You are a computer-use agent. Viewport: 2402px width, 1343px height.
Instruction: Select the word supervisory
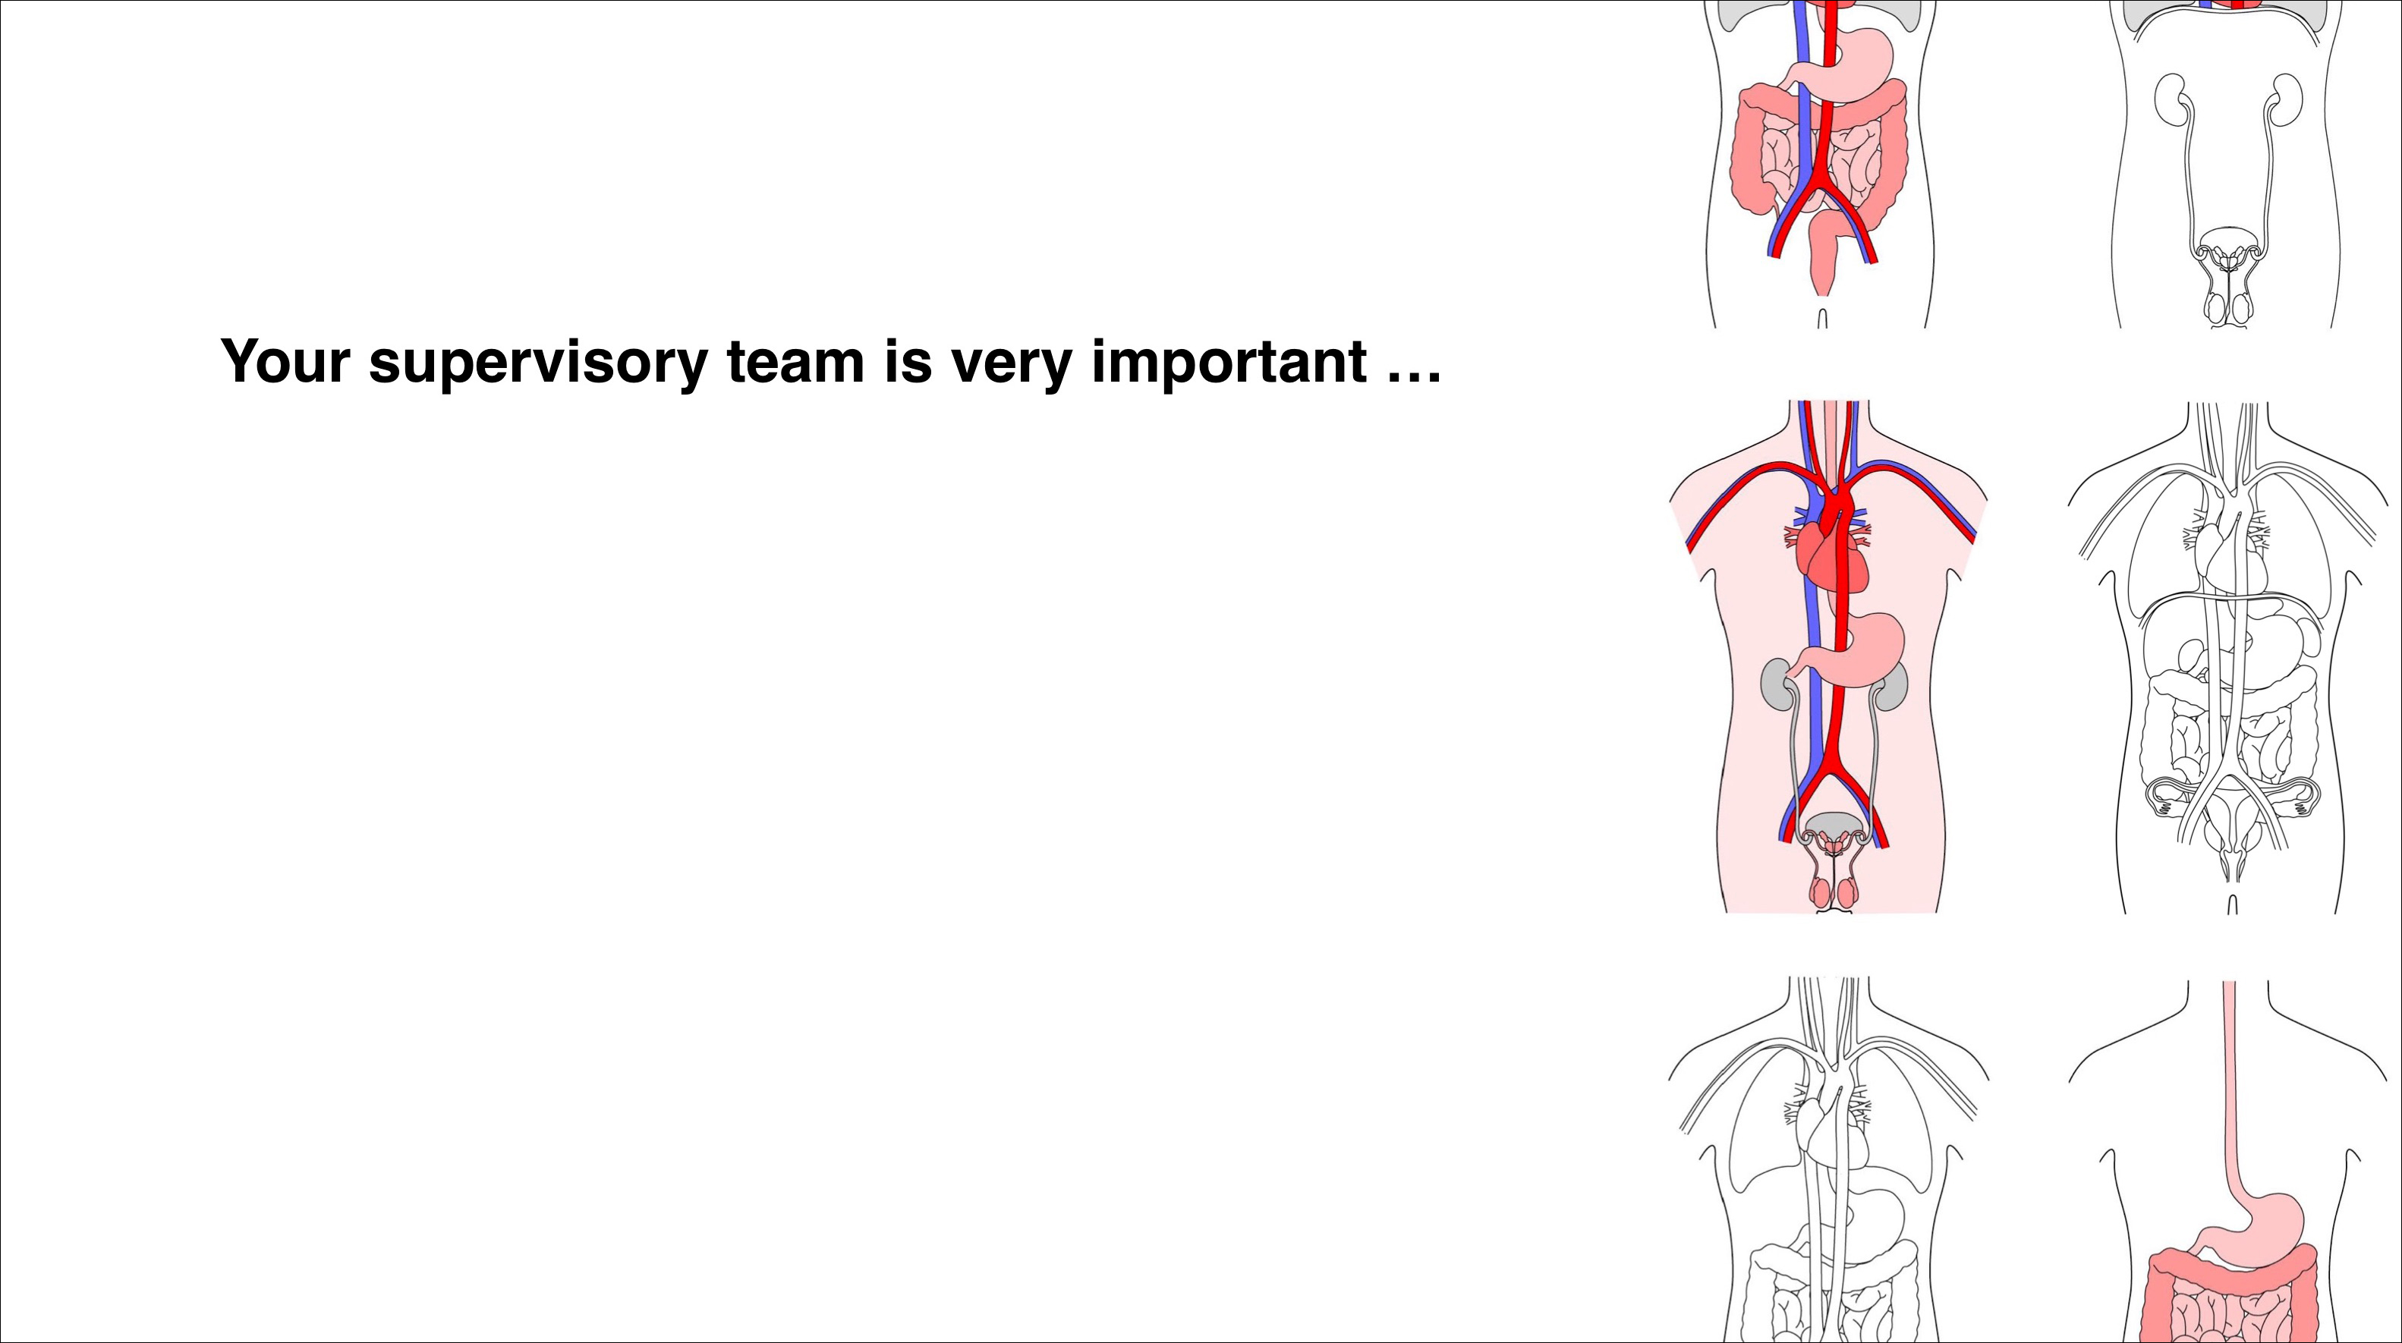pos(538,363)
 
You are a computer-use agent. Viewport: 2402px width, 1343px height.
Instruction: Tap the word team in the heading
pos(795,362)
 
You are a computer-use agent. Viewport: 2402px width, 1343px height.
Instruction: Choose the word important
pos(1229,363)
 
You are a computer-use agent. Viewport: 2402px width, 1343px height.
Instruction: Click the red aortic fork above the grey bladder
pos(1834,778)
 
